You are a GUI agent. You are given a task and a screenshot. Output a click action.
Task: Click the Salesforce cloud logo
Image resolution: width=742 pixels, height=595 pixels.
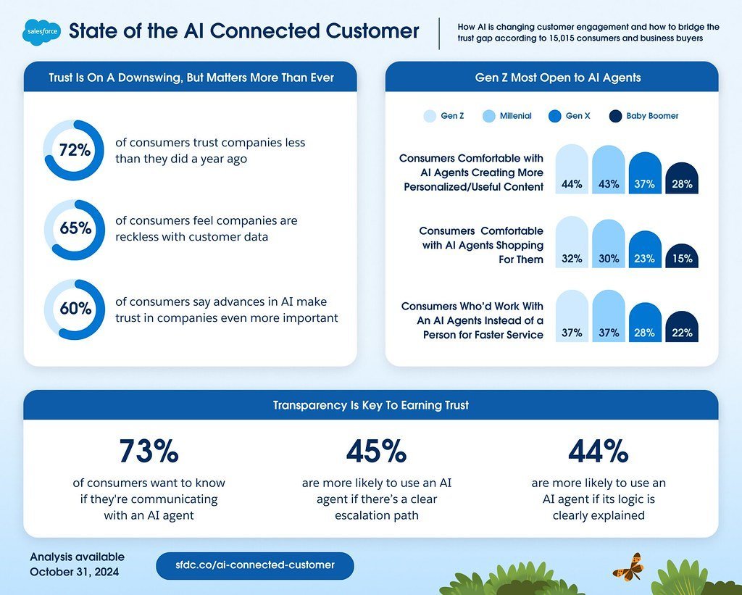[x=42, y=32]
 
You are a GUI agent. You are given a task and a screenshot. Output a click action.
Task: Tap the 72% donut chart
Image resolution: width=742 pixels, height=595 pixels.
[x=74, y=150]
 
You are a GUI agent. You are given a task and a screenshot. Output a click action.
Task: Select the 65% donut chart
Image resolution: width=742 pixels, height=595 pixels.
[x=74, y=229]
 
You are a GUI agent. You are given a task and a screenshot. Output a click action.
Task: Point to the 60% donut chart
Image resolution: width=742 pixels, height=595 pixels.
[x=74, y=309]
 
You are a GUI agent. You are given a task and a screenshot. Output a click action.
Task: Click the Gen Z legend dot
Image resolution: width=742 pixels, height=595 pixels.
[x=430, y=116]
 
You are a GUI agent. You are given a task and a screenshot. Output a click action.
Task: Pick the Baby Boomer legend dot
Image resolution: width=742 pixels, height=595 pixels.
[x=616, y=116]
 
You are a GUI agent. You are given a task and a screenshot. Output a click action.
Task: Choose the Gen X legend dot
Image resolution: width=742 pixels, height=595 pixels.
[x=555, y=116]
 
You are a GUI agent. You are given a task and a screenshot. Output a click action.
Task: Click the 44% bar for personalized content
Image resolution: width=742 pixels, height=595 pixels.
[x=572, y=170]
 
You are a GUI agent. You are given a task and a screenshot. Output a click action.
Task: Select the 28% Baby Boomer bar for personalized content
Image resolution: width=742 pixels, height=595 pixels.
[x=682, y=178]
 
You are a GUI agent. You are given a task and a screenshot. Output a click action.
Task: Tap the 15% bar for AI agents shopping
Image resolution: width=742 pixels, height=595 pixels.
[x=682, y=256]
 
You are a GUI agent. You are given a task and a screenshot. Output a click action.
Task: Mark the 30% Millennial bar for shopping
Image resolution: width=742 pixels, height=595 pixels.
[x=609, y=244]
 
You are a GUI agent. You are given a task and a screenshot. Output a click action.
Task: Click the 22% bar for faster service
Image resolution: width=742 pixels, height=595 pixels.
[x=682, y=328]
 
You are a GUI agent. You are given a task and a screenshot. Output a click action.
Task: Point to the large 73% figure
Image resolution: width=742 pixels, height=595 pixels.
[x=149, y=452]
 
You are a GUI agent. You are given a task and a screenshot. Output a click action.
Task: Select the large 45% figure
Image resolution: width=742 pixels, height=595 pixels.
[x=376, y=452]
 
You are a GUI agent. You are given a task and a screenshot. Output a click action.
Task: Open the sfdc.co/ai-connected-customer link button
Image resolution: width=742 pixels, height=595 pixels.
[x=255, y=565]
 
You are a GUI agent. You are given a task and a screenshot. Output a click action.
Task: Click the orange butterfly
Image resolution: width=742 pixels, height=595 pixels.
[x=627, y=566]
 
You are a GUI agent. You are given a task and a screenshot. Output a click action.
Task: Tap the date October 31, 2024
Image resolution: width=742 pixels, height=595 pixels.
[x=75, y=572]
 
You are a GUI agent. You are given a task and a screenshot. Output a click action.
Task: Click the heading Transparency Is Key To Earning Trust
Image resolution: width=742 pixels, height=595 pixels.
[x=370, y=405]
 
